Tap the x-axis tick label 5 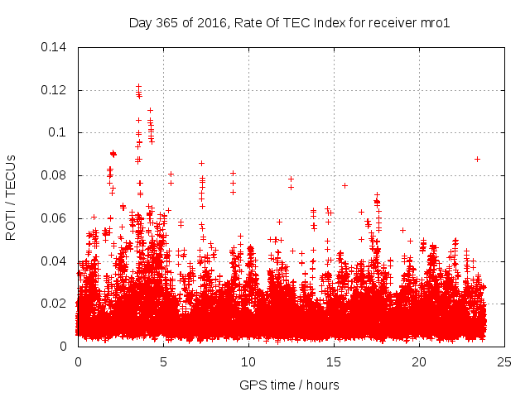(163, 361)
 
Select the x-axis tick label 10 (248, 361)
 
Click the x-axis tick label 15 (334, 361)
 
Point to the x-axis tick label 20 (419, 361)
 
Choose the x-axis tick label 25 (504, 361)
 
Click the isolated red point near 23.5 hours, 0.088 (477, 159)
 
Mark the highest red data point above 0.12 (138, 86)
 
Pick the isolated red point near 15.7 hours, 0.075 (344, 185)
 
